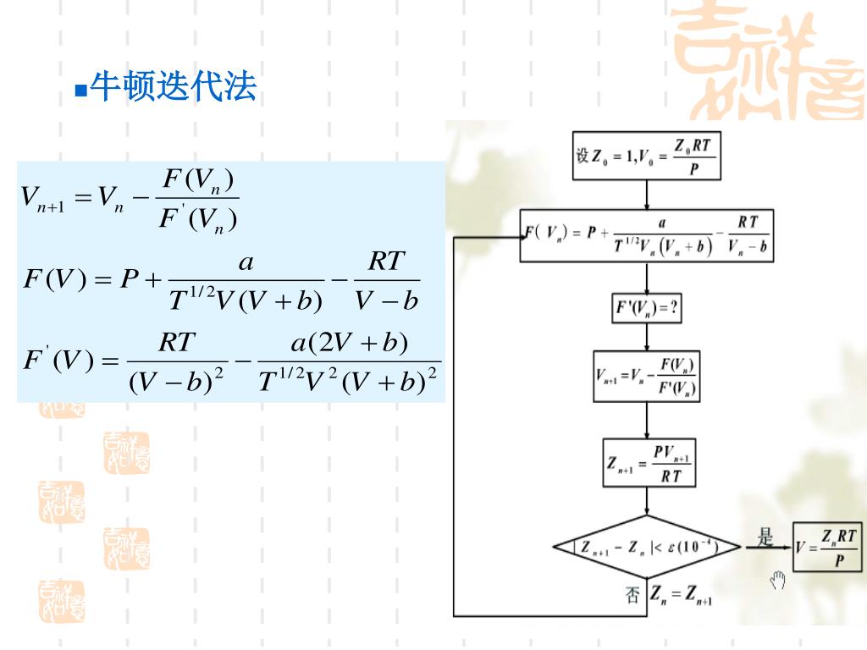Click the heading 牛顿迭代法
(x=173, y=86)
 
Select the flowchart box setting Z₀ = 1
(x=646, y=156)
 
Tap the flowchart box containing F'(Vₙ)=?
(x=647, y=308)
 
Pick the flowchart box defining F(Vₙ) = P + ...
(x=646, y=236)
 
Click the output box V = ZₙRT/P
(x=827, y=547)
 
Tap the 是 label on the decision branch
(x=765, y=537)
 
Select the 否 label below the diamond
(x=632, y=595)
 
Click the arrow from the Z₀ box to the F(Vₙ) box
(x=647, y=195)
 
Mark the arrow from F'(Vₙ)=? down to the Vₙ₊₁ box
(x=647, y=336)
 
